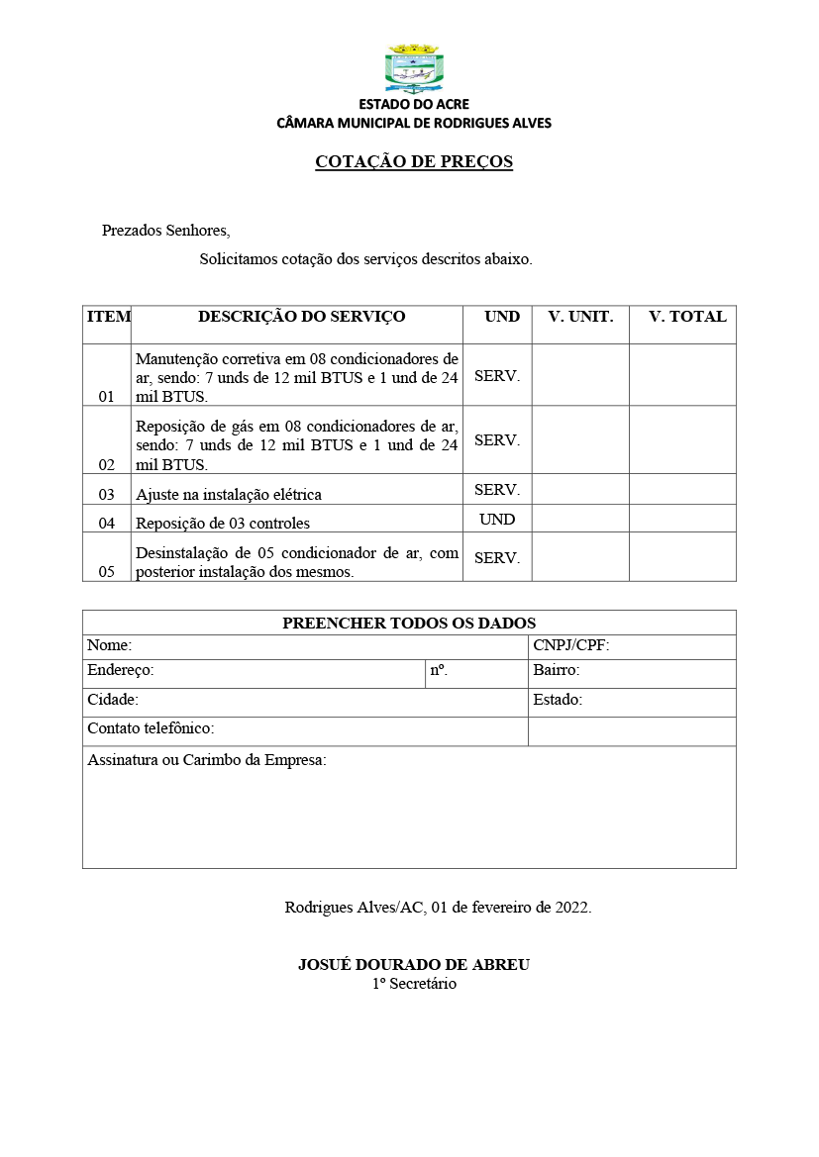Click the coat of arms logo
(x=413, y=67)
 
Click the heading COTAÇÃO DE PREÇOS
(x=414, y=161)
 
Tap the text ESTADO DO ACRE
(x=414, y=104)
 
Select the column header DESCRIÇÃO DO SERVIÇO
(x=301, y=317)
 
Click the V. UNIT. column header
(x=580, y=317)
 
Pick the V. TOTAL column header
(x=687, y=317)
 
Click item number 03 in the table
(x=106, y=494)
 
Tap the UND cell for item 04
(x=497, y=519)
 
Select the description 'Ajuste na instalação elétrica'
(x=229, y=494)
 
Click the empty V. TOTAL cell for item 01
(x=682, y=375)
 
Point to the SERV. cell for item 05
(x=497, y=557)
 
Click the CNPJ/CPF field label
(x=571, y=646)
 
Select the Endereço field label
(x=121, y=670)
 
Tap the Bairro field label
(x=557, y=670)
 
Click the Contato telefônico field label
(x=151, y=728)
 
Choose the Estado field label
(x=558, y=700)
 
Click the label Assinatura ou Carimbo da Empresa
(x=207, y=760)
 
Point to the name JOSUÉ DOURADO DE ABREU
(x=414, y=965)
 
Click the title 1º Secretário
(x=414, y=984)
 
